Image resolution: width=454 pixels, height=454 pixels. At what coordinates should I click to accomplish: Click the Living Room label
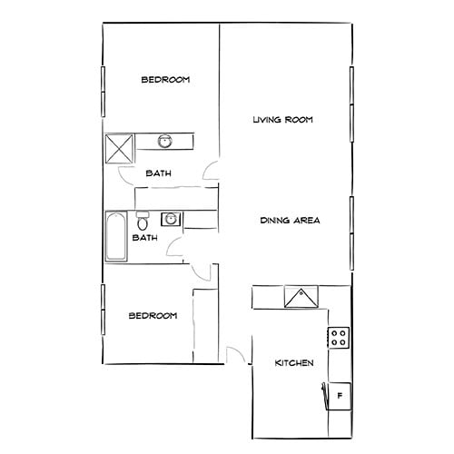pos(282,120)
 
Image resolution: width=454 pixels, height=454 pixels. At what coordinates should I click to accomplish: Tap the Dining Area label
pos(290,220)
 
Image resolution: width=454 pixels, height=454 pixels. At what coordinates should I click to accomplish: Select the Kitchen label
pos(294,363)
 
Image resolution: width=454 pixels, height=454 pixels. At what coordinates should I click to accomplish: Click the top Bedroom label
pos(164,80)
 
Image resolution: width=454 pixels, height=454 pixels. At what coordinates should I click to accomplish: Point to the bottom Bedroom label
pos(152,315)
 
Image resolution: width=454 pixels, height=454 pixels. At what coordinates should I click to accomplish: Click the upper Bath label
pos(160,173)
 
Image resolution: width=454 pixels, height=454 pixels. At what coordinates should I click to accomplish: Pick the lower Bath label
pos(145,238)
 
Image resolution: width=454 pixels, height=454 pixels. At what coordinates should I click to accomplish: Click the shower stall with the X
pos(120,147)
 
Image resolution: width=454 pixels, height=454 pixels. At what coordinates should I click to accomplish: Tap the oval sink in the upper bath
pos(165,141)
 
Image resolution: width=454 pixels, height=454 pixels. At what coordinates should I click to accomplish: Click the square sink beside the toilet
pos(169,219)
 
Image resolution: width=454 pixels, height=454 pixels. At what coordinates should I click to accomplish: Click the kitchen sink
pos(301,297)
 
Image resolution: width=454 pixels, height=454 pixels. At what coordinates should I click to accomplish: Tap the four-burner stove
pos(340,339)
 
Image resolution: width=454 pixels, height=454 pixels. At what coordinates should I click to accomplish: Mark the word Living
pos(266,120)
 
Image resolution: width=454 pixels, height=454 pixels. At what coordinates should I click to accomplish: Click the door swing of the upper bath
pos(211,171)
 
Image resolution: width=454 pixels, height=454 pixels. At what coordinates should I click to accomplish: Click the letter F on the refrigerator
pos(340,396)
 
